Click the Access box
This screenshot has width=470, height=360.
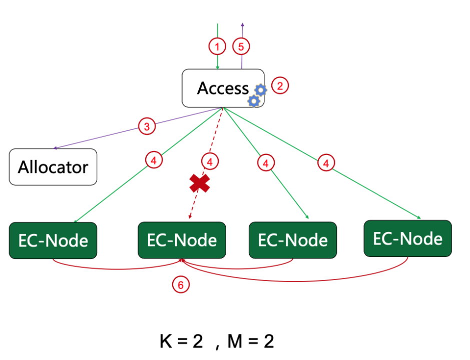pyautogui.click(x=223, y=88)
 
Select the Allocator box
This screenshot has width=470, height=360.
pyautogui.click(x=53, y=167)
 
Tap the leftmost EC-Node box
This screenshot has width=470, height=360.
pyautogui.click(x=53, y=240)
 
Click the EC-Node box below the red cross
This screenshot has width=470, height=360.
pyautogui.click(x=182, y=240)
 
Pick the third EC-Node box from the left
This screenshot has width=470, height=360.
pyautogui.click(x=293, y=240)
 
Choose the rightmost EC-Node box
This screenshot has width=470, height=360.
pyautogui.click(x=407, y=238)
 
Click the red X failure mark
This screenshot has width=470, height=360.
pyautogui.click(x=200, y=184)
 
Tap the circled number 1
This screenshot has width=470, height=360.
pyautogui.click(x=217, y=47)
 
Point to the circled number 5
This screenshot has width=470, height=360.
pyautogui.click(x=241, y=47)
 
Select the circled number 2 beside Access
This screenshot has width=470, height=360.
pyautogui.click(x=280, y=85)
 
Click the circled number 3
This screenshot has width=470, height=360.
pyautogui.click(x=147, y=126)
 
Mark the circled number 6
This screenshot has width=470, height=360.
pyautogui.click(x=181, y=285)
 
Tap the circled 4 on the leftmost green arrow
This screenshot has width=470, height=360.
pyautogui.click(x=154, y=160)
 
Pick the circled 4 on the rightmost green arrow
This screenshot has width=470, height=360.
pyautogui.click(x=326, y=163)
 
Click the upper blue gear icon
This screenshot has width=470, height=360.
pyautogui.click(x=260, y=90)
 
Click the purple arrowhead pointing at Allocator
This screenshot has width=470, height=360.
pyautogui.click(x=55, y=148)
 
